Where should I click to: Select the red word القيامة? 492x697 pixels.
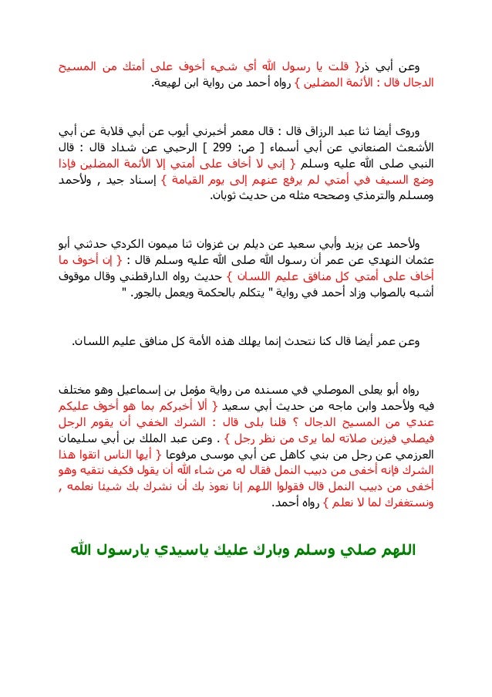click(x=176, y=179)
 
